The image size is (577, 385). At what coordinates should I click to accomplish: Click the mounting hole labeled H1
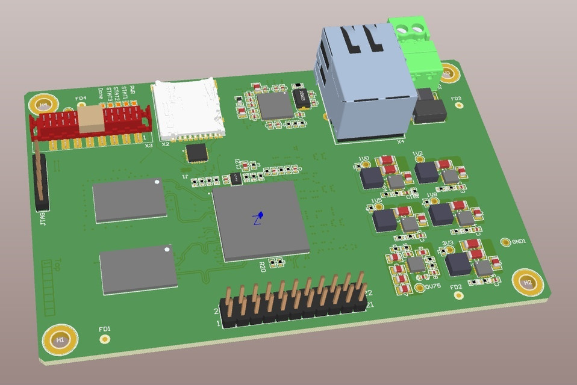tap(60, 340)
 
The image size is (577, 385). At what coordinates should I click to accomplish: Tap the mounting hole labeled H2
tap(527, 282)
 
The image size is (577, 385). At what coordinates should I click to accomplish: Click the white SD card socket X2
tap(187, 108)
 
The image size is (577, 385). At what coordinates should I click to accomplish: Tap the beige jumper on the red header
tap(91, 119)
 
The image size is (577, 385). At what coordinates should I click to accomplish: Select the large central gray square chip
tap(260, 220)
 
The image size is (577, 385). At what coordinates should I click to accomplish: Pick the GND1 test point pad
tap(505, 242)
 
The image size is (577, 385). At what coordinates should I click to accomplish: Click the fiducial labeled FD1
tap(105, 339)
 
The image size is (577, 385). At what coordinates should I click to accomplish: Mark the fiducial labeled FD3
tap(457, 106)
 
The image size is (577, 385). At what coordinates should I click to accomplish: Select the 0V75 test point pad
tap(420, 288)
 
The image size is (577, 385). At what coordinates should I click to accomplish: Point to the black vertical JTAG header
tap(41, 180)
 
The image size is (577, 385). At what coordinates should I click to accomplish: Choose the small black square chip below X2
tap(197, 152)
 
